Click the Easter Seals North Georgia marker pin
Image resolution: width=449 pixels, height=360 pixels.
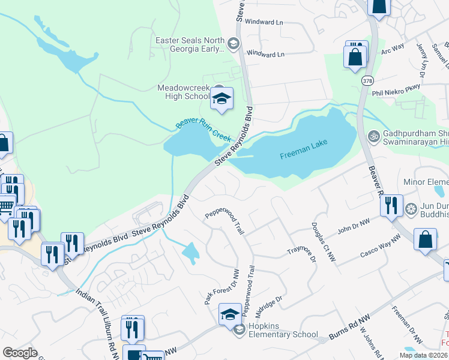tap(234, 43)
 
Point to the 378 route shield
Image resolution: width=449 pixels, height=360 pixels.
tap(367, 80)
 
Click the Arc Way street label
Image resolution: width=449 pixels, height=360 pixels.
tap(393, 48)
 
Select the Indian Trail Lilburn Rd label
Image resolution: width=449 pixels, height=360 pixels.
tap(97, 319)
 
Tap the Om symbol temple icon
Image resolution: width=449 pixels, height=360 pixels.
tap(374, 136)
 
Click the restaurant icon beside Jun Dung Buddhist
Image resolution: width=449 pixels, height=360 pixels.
tap(390, 206)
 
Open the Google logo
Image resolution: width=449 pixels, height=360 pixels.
tap(20, 353)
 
